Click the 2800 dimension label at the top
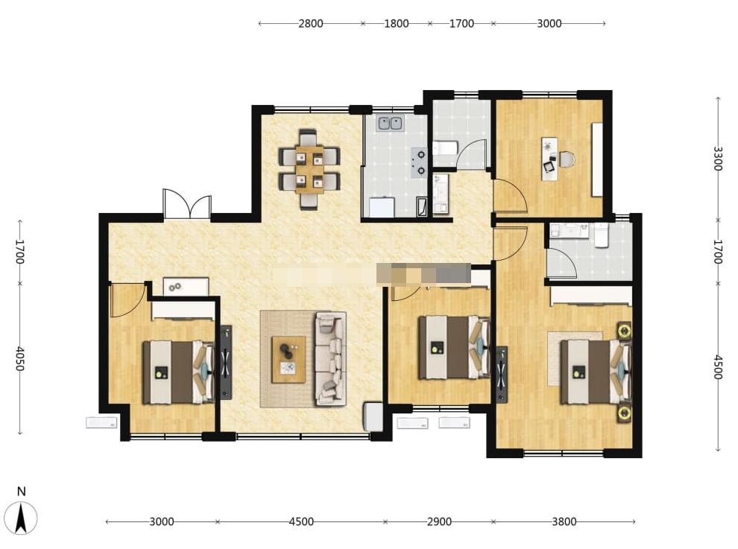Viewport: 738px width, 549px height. (311, 23)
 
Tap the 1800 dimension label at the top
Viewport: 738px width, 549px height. (397, 23)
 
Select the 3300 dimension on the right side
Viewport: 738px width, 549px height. (717, 159)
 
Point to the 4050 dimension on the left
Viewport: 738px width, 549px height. (20, 358)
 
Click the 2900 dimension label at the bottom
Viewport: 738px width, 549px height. (439, 521)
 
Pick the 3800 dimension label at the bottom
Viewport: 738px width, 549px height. (564, 521)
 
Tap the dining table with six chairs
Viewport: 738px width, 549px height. (309, 169)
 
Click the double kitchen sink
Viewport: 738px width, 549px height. (390, 123)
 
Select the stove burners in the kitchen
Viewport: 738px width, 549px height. (418, 162)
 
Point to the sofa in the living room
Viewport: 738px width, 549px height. (331, 358)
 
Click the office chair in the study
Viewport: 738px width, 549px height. (567, 159)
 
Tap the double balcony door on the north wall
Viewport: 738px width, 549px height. (187, 203)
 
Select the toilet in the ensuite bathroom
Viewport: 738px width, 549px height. (602, 235)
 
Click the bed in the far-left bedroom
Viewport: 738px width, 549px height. (178, 372)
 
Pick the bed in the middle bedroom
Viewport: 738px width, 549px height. (454, 347)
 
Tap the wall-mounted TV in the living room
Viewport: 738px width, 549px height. (226, 362)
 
